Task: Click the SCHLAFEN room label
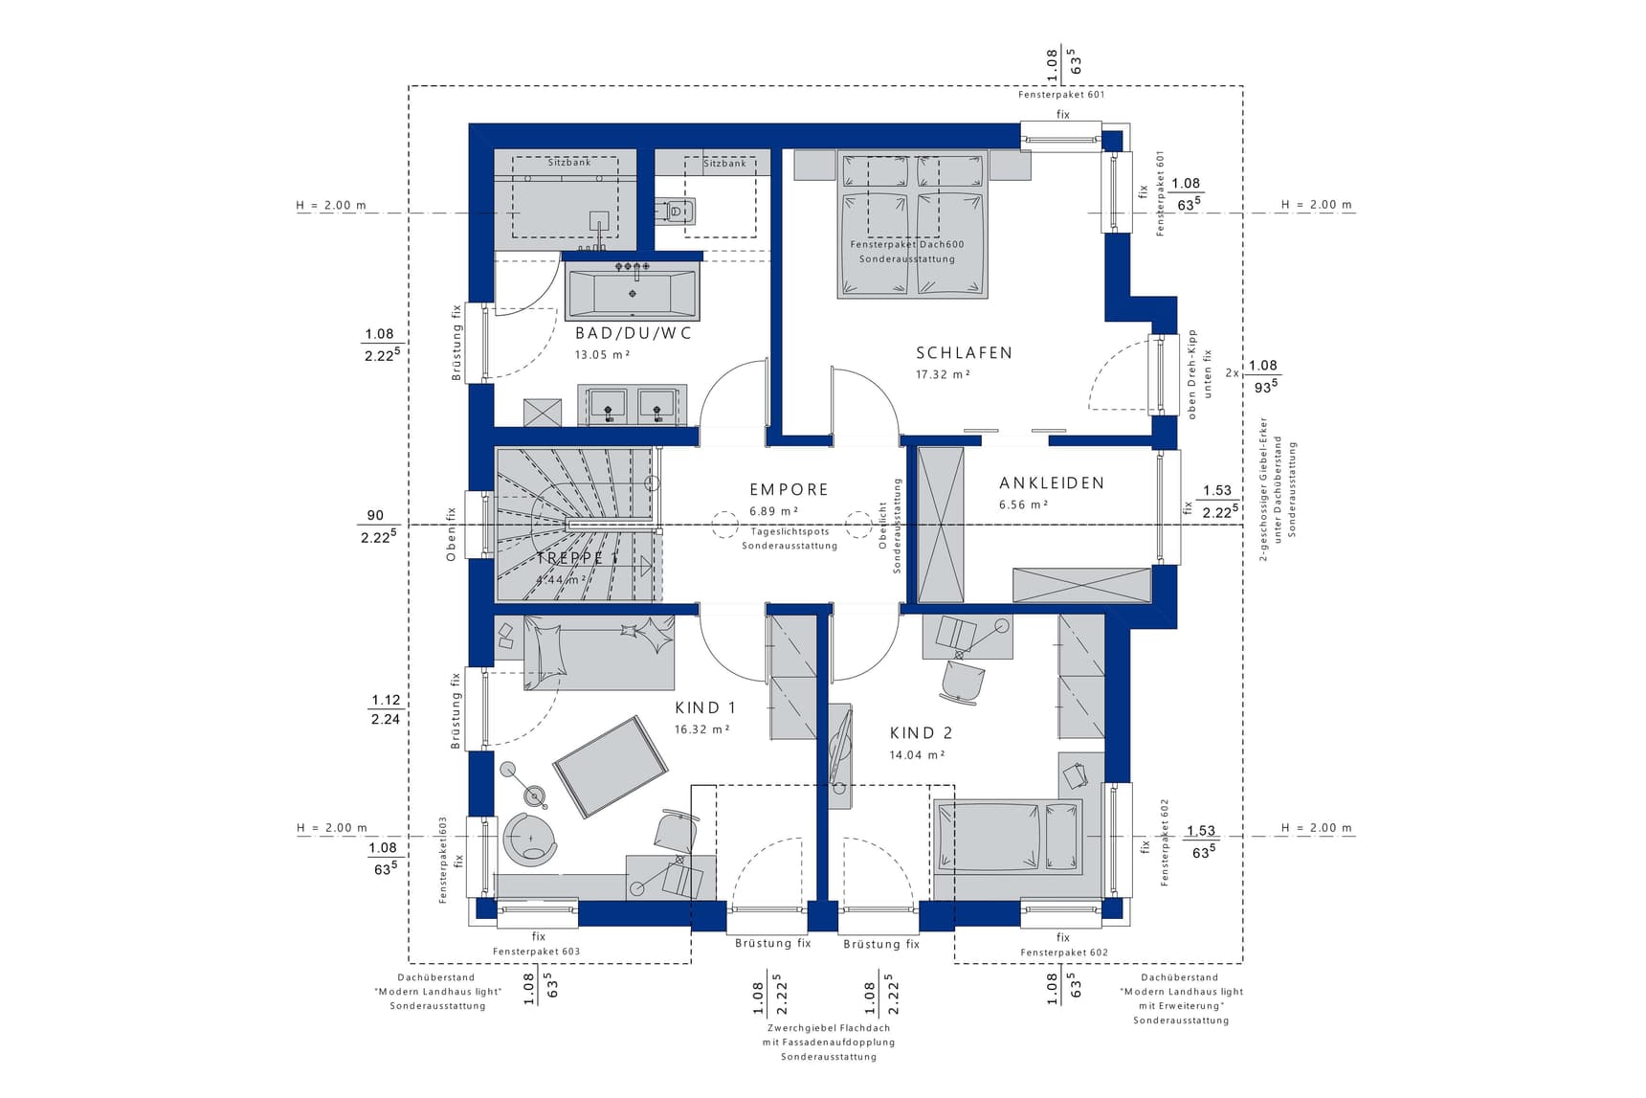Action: click(964, 352)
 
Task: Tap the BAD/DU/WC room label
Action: click(633, 333)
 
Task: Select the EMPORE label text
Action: click(789, 489)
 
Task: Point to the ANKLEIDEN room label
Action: click(1052, 483)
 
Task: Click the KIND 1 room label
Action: click(705, 708)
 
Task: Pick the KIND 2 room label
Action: click(921, 733)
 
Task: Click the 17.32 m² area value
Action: click(943, 374)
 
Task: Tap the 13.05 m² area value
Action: click(602, 354)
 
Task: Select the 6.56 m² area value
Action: click(1023, 504)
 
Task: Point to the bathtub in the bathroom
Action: click(632, 294)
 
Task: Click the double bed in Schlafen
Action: click(912, 225)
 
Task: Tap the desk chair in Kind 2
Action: click(963, 681)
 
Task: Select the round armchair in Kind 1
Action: click(529, 840)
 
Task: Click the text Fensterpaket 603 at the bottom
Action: click(536, 952)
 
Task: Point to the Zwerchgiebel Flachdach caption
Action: click(829, 1028)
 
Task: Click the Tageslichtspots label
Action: click(790, 531)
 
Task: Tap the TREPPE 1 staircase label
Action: click(577, 557)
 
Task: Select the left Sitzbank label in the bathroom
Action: click(569, 163)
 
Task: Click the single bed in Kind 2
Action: click(1008, 838)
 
